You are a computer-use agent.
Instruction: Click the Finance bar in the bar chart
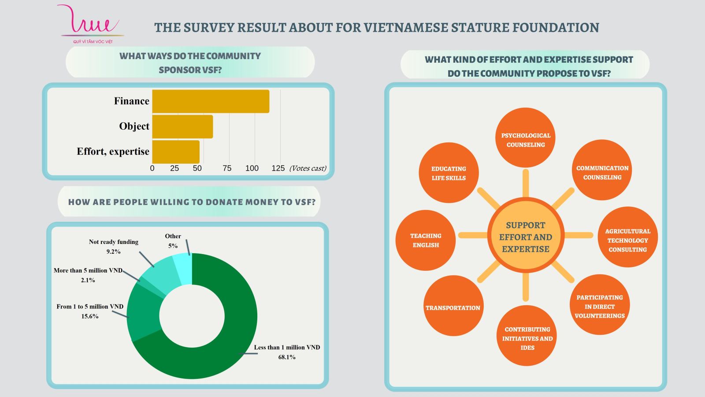click(x=211, y=101)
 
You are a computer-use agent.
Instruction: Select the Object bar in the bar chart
click(x=182, y=127)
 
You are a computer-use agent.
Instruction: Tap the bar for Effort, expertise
click(x=176, y=152)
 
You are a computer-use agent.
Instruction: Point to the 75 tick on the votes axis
click(x=227, y=168)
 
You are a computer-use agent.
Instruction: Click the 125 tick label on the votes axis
click(x=278, y=168)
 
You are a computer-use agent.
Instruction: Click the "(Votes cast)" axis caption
click(x=308, y=168)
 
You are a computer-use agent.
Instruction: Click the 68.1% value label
click(x=286, y=357)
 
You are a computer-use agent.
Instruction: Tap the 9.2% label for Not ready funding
click(x=113, y=251)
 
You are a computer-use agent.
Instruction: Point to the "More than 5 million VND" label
click(x=88, y=270)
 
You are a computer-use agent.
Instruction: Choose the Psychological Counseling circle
click(x=526, y=138)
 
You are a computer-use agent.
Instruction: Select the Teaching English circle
click(x=426, y=240)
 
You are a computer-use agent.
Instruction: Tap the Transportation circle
click(x=453, y=306)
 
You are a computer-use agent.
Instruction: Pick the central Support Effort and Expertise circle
click(x=526, y=237)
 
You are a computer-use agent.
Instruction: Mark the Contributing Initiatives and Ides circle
click(x=527, y=336)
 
